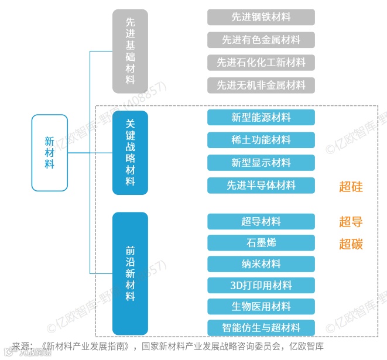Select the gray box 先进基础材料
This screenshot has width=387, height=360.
[x=130, y=51]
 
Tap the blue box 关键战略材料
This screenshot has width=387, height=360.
[x=130, y=153]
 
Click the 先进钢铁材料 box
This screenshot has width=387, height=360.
[x=261, y=17]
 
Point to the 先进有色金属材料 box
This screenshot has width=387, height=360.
[x=261, y=40]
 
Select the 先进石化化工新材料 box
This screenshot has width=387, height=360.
[x=261, y=62]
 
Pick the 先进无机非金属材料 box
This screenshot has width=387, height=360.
[x=261, y=85]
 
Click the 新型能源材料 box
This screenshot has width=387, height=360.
[x=261, y=117]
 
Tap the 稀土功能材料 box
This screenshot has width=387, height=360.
[x=261, y=140]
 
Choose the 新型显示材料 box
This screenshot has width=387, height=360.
[x=261, y=163]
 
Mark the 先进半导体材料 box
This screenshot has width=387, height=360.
[x=261, y=186]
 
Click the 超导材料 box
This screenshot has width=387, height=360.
[x=261, y=221]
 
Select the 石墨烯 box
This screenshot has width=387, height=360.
[x=261, y=243]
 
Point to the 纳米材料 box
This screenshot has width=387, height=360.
[x=261, y=264]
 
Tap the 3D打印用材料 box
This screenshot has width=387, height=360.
[x=261, y=285]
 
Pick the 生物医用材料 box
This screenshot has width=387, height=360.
[x=261, y=306]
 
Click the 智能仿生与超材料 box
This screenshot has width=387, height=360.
[x=261, y=327]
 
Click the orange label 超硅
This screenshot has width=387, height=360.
[x=351, y=187]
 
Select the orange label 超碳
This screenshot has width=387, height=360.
[x=351, y=244]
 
